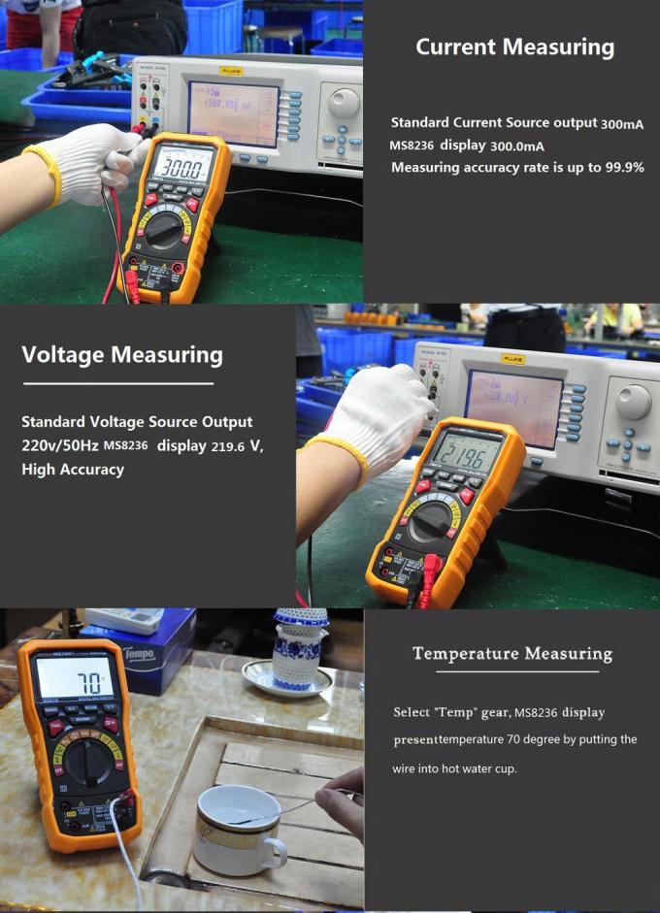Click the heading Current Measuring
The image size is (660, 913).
pos(514,47)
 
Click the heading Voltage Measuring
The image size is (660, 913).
pos(122,354)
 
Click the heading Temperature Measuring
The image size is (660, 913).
pos(512,653)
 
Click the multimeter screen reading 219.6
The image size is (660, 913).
pos(467,453)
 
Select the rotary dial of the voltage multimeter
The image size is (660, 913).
pos(431,522)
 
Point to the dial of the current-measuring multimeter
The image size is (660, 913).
pos(167,229)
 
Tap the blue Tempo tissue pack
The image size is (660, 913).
pos(155,655)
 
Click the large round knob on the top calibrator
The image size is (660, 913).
pos(343,103)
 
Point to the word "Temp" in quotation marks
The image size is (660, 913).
pos(456,712)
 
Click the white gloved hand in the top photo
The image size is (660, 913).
pos(92,162)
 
